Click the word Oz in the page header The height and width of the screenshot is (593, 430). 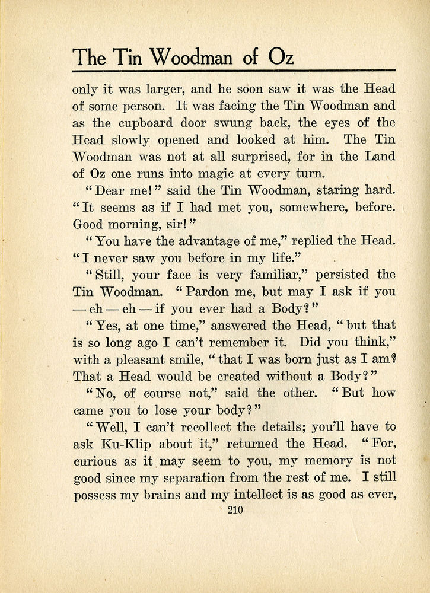(x=277, y=58)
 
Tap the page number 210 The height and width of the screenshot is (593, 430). (x=235, y=509)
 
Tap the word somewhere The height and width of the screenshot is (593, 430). (x=302, y=208)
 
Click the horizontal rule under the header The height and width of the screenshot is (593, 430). (x=234, y=71)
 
